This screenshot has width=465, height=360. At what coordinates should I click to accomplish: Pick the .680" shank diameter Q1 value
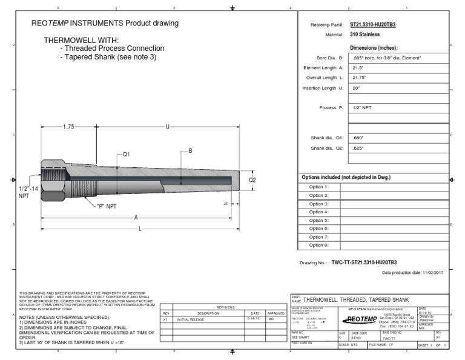(358, 138)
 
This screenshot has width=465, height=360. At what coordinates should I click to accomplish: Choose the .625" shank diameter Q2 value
(358, 147)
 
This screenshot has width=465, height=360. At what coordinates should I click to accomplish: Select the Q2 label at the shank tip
(253, 180)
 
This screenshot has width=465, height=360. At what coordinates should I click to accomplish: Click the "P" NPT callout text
(107, 206)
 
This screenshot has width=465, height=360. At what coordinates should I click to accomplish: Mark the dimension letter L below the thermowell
(140, 228)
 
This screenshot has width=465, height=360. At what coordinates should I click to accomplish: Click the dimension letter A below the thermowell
(136, 217)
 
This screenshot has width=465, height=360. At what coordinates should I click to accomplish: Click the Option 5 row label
(318, 221)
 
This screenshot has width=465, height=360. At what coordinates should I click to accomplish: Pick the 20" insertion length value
(356, 88)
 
